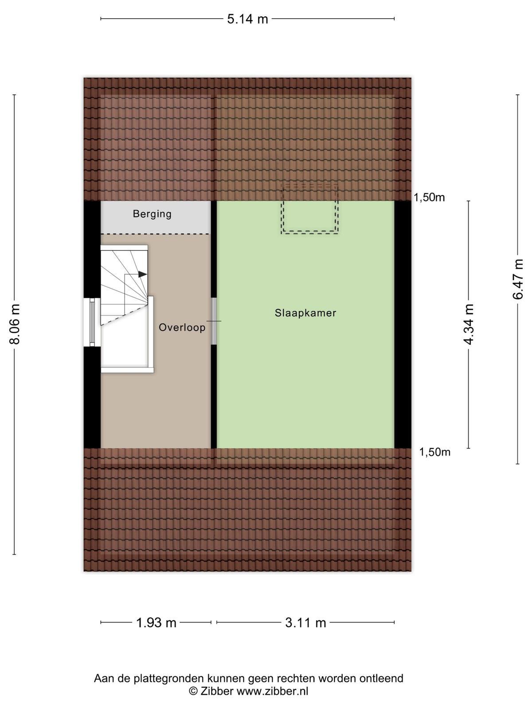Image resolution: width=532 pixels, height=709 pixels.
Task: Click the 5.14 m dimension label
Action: click(247, 19)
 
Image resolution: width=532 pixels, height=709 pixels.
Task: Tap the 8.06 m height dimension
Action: click(15, 324)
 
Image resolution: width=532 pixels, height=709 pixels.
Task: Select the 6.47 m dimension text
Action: click(518, 279)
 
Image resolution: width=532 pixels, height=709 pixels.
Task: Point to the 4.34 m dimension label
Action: click(469, 324)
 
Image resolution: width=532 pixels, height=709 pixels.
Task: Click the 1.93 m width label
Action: click(156, 623)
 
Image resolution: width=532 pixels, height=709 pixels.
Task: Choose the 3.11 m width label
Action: click(305, 623)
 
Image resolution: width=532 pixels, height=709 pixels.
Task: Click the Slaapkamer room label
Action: click(305, 313)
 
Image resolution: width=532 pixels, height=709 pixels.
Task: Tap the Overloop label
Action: click(182, 327)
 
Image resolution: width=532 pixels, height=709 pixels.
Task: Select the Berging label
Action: click(152, 214)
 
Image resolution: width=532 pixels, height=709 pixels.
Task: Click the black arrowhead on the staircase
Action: click(142, 274)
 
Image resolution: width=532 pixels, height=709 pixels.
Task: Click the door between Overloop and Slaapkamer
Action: click(214, 321)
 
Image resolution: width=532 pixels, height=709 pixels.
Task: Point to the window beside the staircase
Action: click(92, 322)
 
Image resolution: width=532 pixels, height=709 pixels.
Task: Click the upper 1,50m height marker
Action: click(429, 197)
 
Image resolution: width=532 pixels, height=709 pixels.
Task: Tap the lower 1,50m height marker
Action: click(434, 452)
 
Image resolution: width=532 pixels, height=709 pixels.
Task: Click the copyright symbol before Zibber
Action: click(193, 691)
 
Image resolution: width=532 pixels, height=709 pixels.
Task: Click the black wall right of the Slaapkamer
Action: click(403, 324)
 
